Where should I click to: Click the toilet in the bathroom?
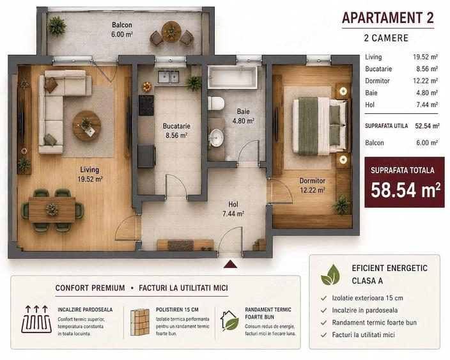click(x=216, y=103)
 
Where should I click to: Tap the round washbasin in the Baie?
click(x=217, y=137)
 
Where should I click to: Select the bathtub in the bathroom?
click(x=233, y=77)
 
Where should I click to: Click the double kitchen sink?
click(x=169, y=76)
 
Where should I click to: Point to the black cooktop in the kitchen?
click(x=146, y=105)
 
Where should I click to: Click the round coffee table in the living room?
click(x=87, y=126)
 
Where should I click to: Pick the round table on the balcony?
click(x=171, y=31)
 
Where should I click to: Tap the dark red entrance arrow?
click(x=230, y=264)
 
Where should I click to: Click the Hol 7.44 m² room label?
click(x=233, y=209)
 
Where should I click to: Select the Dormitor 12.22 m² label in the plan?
click(x=312, y=185)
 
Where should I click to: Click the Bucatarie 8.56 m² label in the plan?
click(x=176, y=130)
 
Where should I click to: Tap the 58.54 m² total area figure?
click(x=405, y=190)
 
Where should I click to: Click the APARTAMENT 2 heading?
click(x=388, y=17)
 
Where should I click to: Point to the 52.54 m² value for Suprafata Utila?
click(x=428, y=126)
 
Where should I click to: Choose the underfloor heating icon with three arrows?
click(x=36, y=319)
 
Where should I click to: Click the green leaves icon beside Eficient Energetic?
click(x=330, y=275)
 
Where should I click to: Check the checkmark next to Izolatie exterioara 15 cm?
click(x=323, y=298)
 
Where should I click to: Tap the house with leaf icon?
click(x=229, y=320)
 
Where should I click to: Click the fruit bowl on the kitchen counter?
click(x=147, y=87)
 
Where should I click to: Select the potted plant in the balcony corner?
click(x=56, y=26)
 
